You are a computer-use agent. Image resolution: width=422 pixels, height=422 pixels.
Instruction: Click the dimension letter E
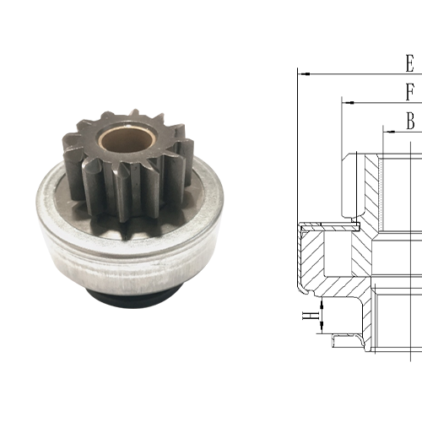409,63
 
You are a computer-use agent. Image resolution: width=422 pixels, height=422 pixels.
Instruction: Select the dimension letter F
410,91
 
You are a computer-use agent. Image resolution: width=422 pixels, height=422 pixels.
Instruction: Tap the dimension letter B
410,122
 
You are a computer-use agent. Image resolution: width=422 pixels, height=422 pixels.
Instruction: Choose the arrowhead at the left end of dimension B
387,131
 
